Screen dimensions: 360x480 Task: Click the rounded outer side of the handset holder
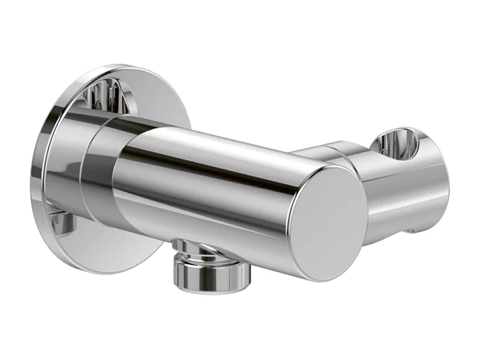tap(414, 192)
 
